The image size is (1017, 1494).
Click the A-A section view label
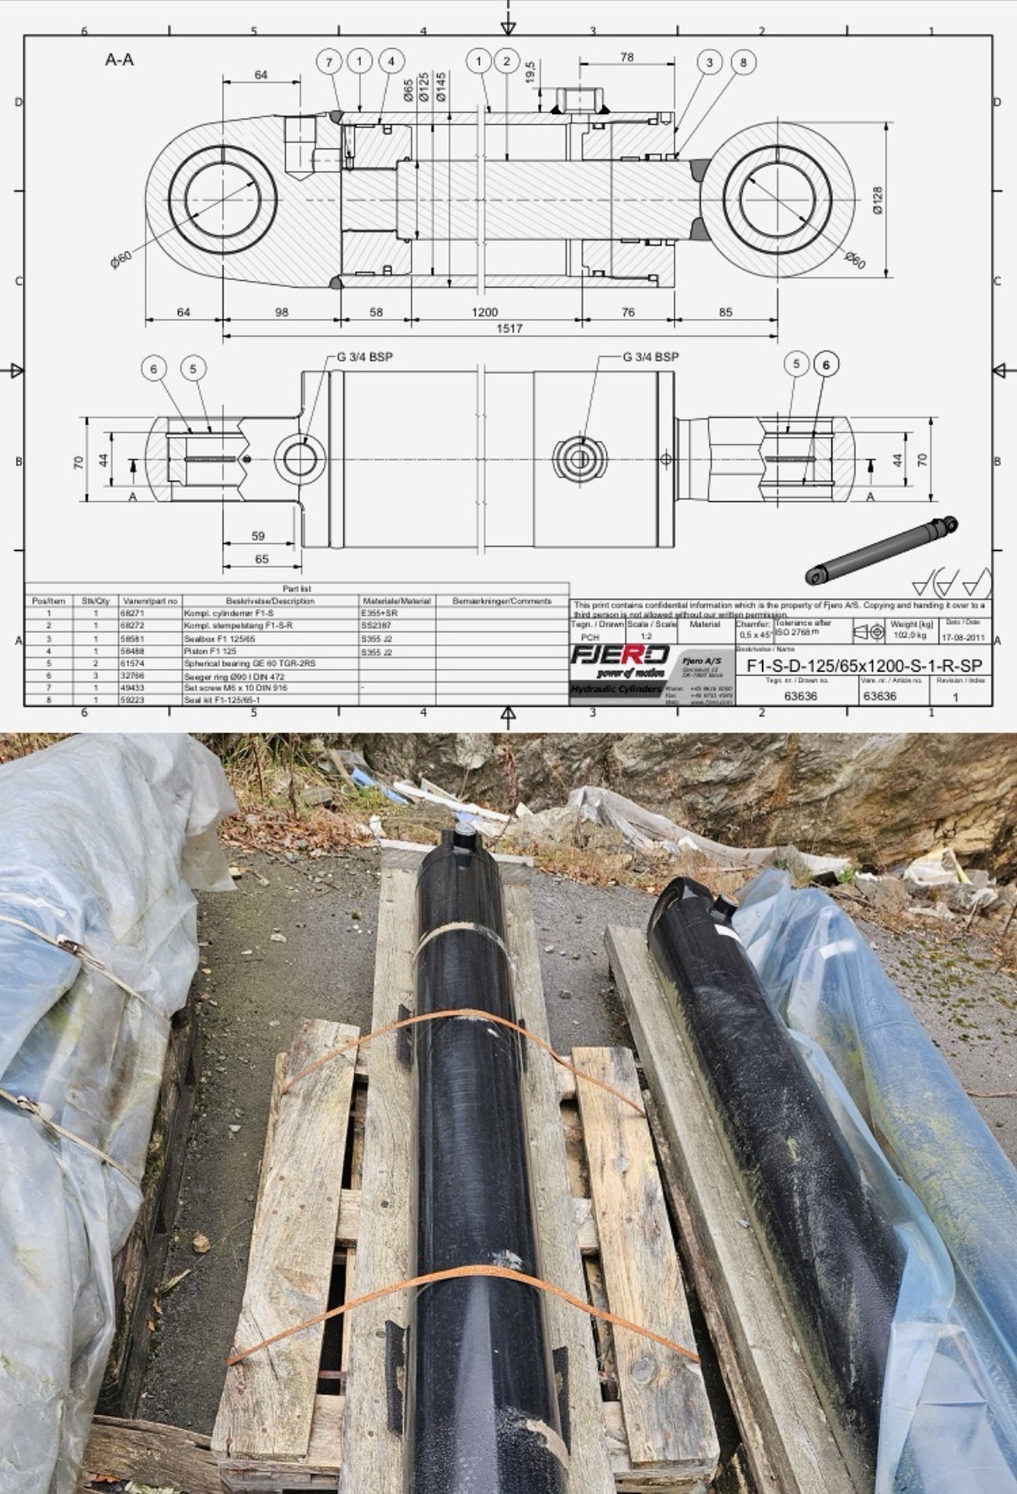pos(119,60)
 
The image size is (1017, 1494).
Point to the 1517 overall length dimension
pos(509,329)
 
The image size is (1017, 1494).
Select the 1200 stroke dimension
pos(484,313)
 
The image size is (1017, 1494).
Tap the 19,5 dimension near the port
pos(530,73)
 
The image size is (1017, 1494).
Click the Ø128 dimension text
pos(878,201)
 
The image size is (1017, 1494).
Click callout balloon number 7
pos(329,62)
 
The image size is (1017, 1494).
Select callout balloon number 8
pos(743,62)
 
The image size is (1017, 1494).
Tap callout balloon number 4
pos(390,61)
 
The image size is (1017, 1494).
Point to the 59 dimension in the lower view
pos(258,536)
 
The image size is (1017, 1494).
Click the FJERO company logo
pos(620,655)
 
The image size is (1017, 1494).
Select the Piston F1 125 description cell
pos(211,652)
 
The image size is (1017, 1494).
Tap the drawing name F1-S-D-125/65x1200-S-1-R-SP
pos(864,666)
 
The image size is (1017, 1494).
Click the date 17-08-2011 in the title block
pos(963,638)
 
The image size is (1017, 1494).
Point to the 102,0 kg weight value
pos(911,636)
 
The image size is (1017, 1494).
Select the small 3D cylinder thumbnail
pos(881,549)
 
